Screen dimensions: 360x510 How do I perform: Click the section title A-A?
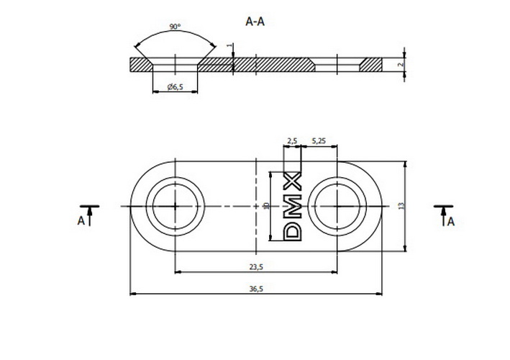[255, 22]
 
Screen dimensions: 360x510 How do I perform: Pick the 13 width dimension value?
[400, 206]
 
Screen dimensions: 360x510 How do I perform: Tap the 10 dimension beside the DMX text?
[265, 206]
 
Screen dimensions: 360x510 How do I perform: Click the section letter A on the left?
[81, 220]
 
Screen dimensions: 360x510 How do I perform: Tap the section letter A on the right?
[450, 222]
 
